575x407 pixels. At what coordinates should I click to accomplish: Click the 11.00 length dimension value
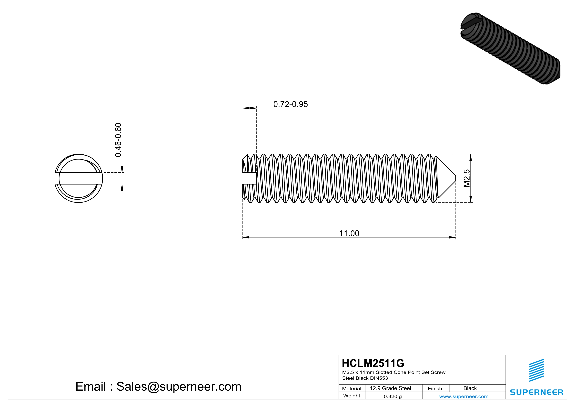pos(349,233)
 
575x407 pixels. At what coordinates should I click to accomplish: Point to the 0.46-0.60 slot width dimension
pos(118,140)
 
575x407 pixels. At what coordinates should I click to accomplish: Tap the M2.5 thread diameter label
pos(467,178)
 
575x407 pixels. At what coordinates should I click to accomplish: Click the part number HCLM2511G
pos(373,363)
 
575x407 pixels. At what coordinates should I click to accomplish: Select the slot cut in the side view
pos(250,178)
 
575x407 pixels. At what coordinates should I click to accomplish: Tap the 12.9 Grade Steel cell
pos(390,388)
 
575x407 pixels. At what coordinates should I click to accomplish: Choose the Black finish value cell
pos(470,388)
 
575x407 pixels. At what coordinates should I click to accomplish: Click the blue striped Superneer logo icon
pos(536,370)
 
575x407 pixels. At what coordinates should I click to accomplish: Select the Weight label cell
pos(352,396)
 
